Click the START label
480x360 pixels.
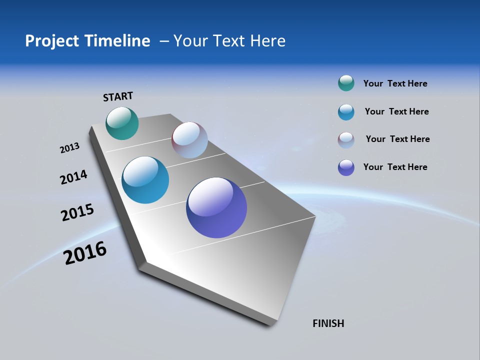point(118,96)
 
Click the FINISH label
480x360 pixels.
point(328,323)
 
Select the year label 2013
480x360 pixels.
point(69,148)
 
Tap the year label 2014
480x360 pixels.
point(73,177)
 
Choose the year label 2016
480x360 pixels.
point(85,253)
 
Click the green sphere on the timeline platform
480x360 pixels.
point(122,123)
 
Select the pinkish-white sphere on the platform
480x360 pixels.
point(189,139)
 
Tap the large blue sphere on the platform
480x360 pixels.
point(145,180)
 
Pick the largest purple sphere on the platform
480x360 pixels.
point(216,207)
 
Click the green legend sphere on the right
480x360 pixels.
point(346,83)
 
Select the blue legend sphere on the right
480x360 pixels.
point(346,112)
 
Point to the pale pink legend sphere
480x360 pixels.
point(346,140)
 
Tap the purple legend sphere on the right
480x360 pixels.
point(346,167)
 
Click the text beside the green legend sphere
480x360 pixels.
point(395,84)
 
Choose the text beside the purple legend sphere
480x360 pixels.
point(395,167)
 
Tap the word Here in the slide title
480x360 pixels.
point(267,41)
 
